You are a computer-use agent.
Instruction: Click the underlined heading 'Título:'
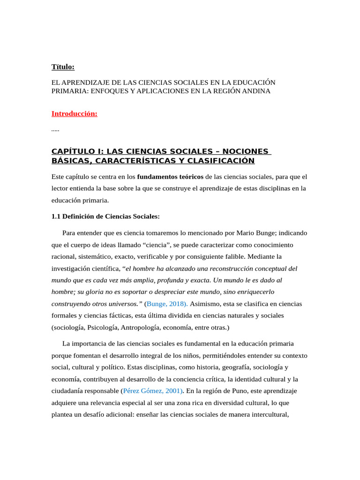tap(63, 67)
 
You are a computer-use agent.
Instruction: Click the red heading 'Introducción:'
tap(74, 114)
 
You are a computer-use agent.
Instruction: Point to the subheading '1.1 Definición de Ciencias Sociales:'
tap(105, 216)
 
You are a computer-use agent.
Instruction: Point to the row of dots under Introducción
tap(55, 129)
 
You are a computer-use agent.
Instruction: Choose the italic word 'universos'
tap(125, 303)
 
